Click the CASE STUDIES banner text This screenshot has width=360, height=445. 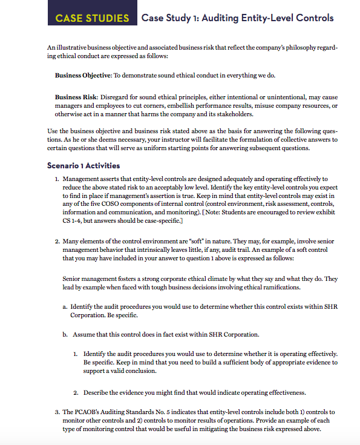click(92, 18)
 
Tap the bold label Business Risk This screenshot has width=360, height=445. click(76, 96)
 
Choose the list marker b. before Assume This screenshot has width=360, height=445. click(65, 335)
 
